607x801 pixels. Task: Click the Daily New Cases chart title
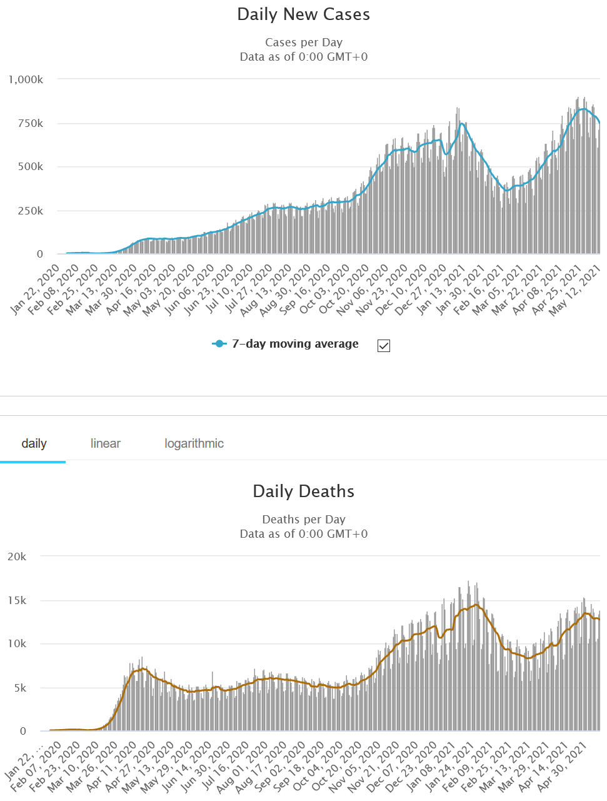(x=303, y=14)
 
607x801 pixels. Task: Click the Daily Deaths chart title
(x=303, y=491)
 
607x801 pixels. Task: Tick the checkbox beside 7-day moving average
(x=384, y=346)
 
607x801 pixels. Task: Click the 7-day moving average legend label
(x=295, y=344)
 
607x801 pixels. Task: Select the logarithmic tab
(x=194, y=443)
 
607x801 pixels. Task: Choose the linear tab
(x=105, y=443)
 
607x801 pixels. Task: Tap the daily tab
(x=34, y=443)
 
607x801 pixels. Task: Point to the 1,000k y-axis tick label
(x=26, y=79)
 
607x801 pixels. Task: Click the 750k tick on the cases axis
(x=30, y=123)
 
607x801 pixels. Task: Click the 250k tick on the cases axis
(x=30, y=211)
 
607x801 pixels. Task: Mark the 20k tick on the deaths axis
(x=17, y=557)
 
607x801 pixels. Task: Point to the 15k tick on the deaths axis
(x=17, y=600)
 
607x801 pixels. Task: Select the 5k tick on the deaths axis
(x=19, y=688)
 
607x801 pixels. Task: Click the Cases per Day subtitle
(x=303, y=43)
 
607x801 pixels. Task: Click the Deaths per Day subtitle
(x=303, y=520)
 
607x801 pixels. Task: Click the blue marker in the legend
(x=219, y=344)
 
